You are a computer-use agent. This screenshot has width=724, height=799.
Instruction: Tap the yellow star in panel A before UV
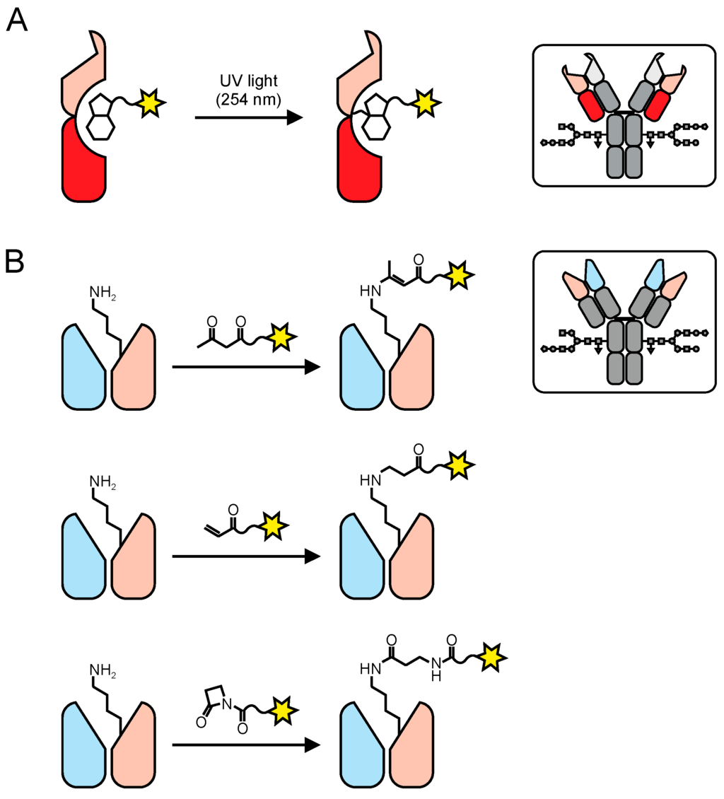pos(149,103)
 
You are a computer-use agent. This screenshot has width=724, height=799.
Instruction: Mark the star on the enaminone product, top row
pos(459,276)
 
